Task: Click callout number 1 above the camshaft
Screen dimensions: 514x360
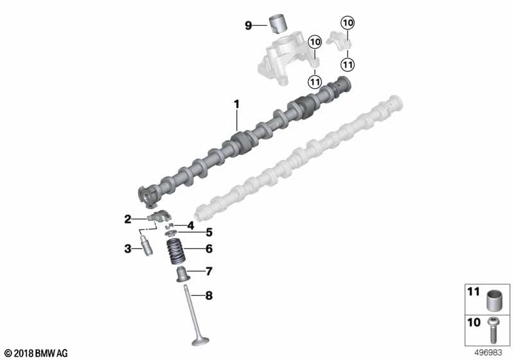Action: [236, 105]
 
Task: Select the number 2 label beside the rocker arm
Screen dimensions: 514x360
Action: [127, 219]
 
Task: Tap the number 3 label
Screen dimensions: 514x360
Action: [127, 249]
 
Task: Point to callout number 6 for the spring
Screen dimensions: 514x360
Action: [209, 249]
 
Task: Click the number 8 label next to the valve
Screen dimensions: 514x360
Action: [209, 296]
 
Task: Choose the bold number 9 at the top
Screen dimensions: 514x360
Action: [249, 25]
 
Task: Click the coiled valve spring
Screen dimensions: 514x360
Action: [177, 251]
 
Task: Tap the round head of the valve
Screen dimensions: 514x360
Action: [200, 341]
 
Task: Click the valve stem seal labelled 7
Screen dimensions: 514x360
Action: [183, 274]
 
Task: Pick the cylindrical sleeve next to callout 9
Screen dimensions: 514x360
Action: [278, 24]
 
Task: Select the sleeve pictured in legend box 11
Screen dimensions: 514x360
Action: [494, 300]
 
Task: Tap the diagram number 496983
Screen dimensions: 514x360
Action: [488, 353]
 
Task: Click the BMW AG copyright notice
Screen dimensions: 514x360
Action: [36, 354]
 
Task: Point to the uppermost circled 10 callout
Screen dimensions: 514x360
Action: [348, 22]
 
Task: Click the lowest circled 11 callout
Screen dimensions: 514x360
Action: [315, 81]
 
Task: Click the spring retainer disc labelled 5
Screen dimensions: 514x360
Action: [171, 233]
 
